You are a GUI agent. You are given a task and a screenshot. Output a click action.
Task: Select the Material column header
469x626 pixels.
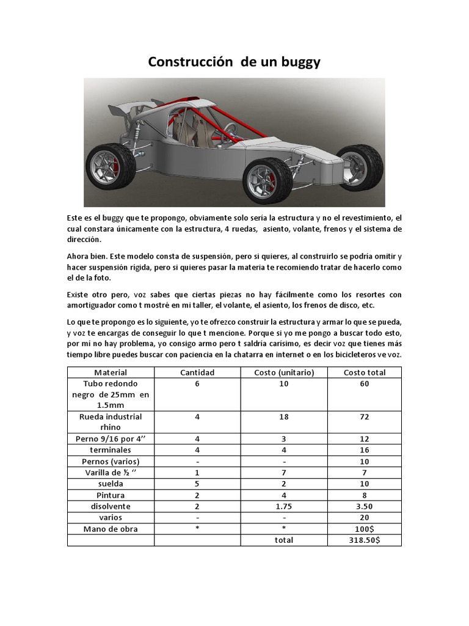(x=111, y=372)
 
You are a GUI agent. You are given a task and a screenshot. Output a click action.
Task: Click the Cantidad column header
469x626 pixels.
(x=197, y=372)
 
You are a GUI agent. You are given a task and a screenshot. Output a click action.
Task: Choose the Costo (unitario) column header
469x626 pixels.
(x=284, y=372)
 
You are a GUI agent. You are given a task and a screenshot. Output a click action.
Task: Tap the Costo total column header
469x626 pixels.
(x=365, y=372)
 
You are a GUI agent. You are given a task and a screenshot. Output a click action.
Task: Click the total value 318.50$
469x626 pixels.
(x=365, y=540)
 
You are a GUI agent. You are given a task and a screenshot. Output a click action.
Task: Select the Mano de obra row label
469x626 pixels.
(x=111, y=528)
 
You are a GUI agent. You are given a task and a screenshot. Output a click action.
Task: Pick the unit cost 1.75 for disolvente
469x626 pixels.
(x=284, y=506)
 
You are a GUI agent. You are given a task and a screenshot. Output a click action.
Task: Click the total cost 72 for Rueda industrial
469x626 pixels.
(x=365, y=417)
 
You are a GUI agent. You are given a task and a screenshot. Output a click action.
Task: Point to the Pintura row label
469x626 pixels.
(x=111, y=495)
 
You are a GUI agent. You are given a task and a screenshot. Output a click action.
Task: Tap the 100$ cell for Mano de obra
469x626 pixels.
(x=365, y=528)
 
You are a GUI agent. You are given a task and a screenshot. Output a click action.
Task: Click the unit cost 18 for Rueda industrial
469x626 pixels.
(x=284, y=417)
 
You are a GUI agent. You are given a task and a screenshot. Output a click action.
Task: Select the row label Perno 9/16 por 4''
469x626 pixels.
(x=111, y=439)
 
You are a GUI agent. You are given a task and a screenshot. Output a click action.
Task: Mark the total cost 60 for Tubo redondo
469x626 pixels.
(x=365, y=383)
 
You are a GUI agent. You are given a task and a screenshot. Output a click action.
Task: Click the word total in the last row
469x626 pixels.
(x=284, y=540)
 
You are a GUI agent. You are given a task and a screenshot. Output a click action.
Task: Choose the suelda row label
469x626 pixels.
(x=111, y=484)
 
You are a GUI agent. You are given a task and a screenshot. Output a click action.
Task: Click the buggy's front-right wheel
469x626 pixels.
(x=362, y=163)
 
